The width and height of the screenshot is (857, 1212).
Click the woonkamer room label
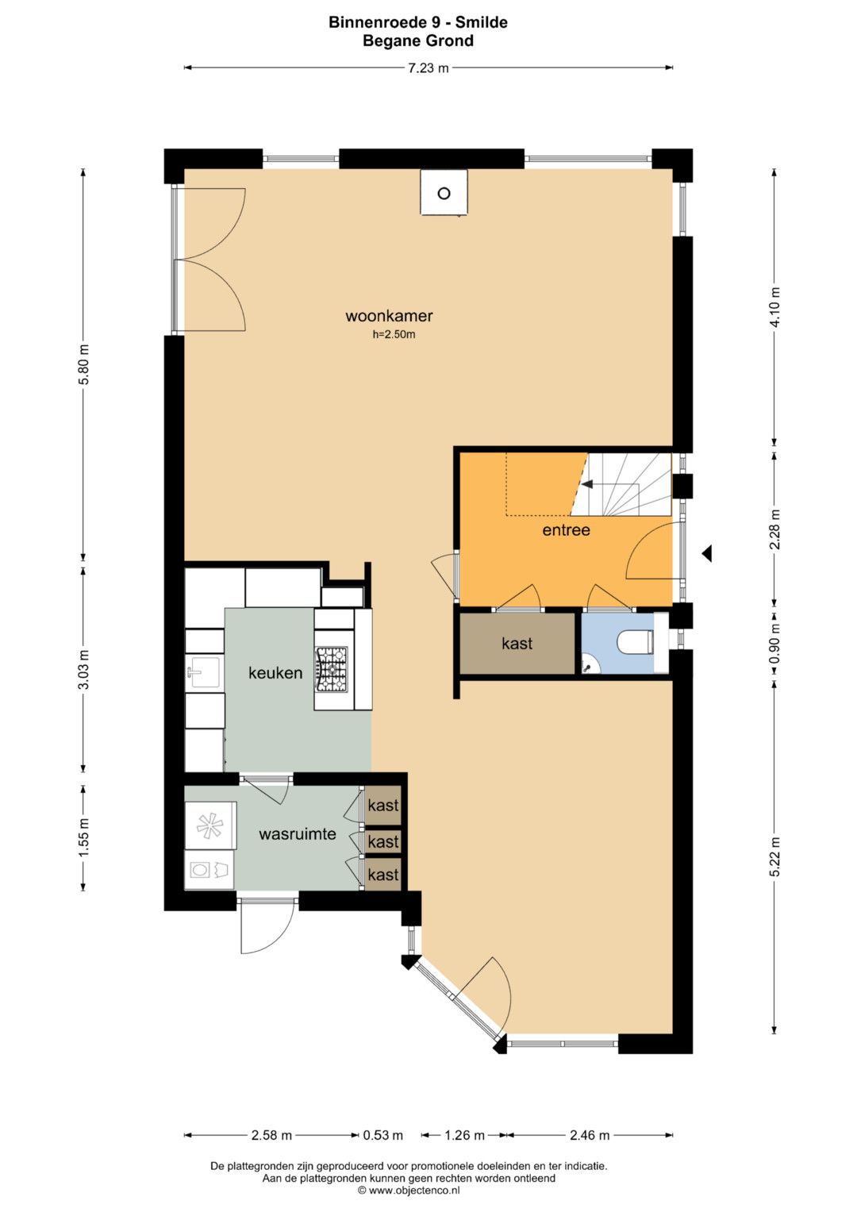click(389, 315)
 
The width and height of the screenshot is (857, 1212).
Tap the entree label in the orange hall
click(566, 529)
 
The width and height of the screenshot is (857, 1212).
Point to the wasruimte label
click(298, 833)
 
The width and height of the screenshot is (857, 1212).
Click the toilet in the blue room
click(636, 642)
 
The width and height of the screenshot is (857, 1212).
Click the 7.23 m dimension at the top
click(428, 68)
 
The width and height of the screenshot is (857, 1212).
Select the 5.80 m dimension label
click(84, 364)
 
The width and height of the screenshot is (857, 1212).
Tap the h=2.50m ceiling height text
click(394, 334)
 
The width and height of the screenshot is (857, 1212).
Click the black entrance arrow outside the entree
click(706, 553)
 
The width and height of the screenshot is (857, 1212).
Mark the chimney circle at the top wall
click(444, 193)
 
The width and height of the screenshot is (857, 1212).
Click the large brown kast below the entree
click(517, 644)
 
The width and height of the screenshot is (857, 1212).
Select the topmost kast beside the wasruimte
click(383, 805)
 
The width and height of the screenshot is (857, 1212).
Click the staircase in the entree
click(622, 484)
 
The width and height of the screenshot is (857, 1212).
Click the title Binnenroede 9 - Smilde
click(418, 22)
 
